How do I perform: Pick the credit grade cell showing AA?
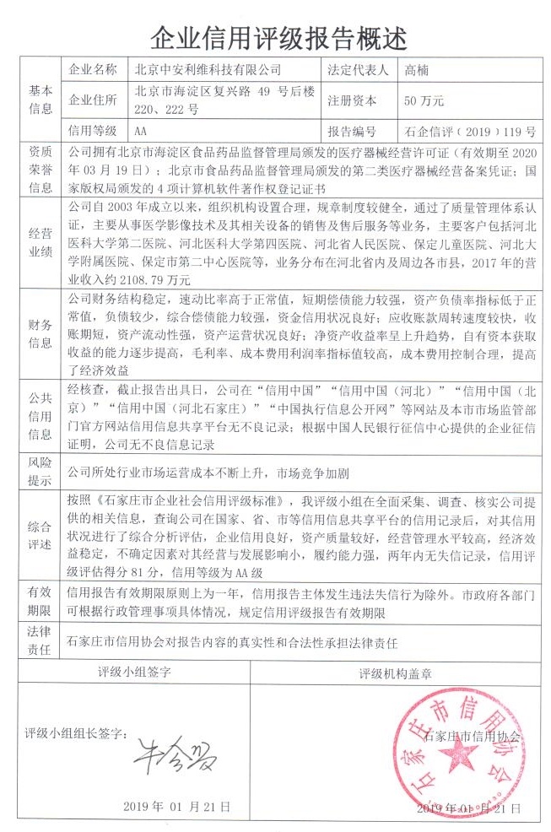[140, 131]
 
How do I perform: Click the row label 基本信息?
[41, 100]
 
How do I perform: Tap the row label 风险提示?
[41, 471]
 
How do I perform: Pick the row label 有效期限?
[41, 602]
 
